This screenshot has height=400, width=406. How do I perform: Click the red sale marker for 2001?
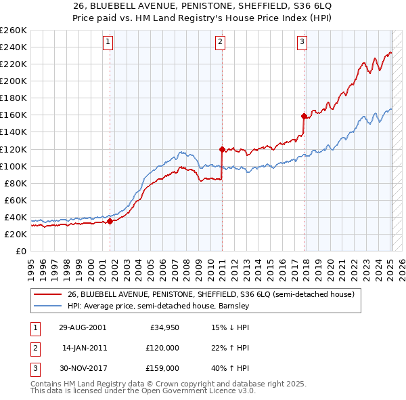(x=110, y=220)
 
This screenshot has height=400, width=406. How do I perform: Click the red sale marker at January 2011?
(x=222, y=148)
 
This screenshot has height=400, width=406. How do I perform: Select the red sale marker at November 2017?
(x=304, y=115)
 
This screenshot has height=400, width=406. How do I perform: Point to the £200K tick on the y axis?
(x=14, y=81)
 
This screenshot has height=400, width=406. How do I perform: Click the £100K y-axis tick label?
(x=14, y=166)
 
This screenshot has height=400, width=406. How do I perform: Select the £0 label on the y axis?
(x=20, y=251)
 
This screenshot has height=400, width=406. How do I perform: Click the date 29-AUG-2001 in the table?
(x=83, y=328)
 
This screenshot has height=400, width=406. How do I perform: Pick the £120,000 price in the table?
(x=162, y=348)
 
